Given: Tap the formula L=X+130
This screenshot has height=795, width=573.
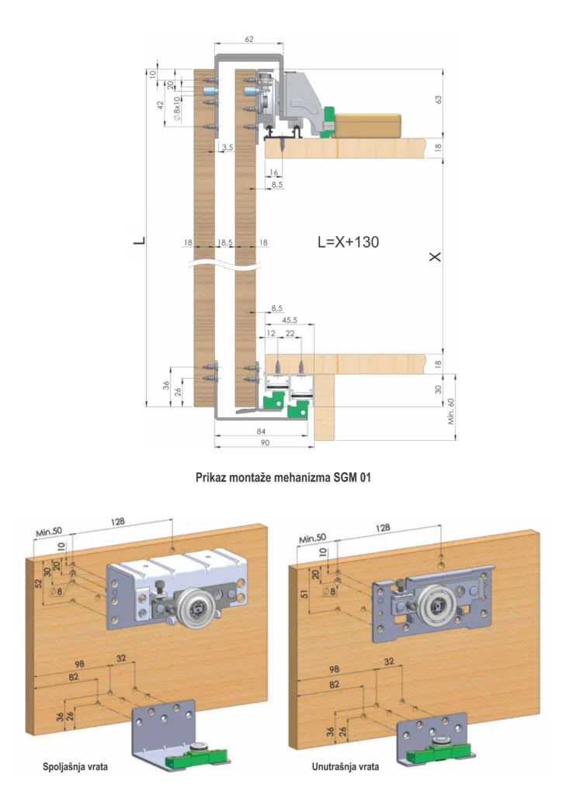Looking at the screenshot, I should click(x=349, y=241).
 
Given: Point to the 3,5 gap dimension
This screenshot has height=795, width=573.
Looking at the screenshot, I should click(x=227, y=146).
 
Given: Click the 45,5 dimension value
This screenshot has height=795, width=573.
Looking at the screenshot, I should click(x=290, y=318).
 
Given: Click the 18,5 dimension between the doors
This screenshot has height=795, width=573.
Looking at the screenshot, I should click(x=225, y=243).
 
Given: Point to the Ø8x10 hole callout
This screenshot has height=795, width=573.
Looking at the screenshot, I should click(x=177, y=109).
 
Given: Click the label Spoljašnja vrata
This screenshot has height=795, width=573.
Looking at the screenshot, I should click(x=75, y=766).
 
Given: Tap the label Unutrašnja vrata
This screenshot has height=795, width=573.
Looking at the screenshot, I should click(x=346, y=766).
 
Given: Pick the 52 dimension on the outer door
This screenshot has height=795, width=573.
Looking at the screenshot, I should click(x=38, y=582).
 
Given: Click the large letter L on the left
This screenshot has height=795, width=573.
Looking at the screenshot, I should click(x=139, y=242).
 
